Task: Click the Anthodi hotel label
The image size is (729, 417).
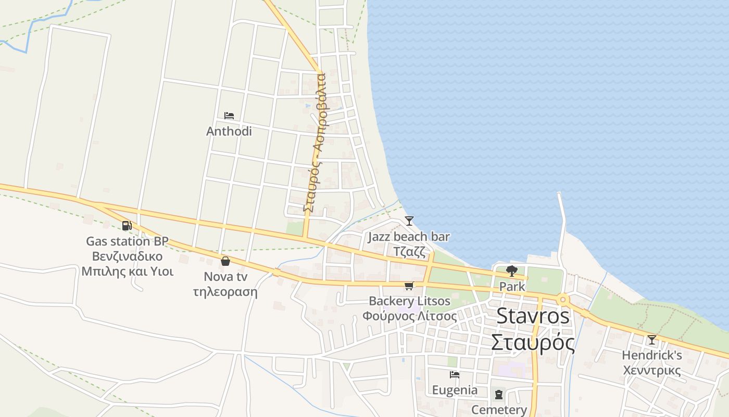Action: click(229, 131)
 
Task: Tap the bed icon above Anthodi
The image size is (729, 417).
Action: click(229, 116)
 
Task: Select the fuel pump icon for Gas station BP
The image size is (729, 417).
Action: click(127, 226)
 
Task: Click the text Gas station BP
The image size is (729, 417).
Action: click(127, 241)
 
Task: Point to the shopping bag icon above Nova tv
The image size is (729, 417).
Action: click(225, 261)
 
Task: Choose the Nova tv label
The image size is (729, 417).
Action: click(225, 276)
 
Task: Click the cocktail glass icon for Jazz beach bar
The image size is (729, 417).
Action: click(409, 221)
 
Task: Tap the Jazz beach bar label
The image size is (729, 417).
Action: click(409, 237)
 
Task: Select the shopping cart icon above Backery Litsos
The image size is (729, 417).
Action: click(409, 286)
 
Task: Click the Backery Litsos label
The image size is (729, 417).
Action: click(409, 301)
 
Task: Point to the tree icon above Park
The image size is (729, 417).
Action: click(512, 271)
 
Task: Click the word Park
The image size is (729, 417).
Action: click(512, 287)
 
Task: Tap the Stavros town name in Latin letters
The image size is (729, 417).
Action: click(533, 316)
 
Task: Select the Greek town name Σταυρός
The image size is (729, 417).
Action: click(533, 343)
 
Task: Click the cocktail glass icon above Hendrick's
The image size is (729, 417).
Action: click(651, 340)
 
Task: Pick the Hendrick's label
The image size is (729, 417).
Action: click(651, 356)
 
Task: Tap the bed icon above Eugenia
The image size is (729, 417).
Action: click(455, 375)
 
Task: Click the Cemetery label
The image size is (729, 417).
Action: click(499, 410)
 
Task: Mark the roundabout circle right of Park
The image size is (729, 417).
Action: click(562, 300)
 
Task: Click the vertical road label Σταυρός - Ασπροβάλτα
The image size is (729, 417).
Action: click(315, 142)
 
